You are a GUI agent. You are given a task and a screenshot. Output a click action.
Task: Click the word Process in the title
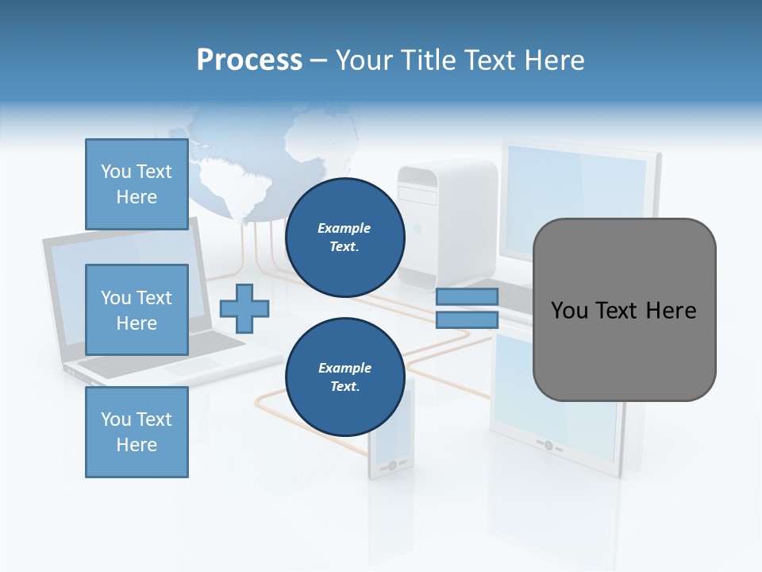[x=249, y=60]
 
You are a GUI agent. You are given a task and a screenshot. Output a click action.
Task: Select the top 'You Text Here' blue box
[x=137, y=184]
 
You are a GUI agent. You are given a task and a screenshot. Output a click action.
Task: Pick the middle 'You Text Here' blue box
[x=137, y=310]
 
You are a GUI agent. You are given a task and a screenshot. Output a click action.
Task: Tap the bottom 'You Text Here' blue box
[x=137, y=432]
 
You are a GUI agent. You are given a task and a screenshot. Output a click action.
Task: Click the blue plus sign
[x=244, y=308]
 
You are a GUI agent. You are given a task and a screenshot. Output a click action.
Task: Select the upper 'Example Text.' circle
[x=344, y=238]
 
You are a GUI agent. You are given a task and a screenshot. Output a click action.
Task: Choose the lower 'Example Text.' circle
[x=344, y=377]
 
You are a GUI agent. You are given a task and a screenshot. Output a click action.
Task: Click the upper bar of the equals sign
[x=467, y=296]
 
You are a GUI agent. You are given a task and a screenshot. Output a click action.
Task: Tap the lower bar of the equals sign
[x=467, y=320]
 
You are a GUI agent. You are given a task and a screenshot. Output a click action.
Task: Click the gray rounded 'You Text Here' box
[x=624, y=310]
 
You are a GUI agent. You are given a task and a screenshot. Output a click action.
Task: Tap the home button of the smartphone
[x=391, y=465]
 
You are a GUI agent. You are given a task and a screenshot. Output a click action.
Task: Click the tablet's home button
[x=548, y=446]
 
